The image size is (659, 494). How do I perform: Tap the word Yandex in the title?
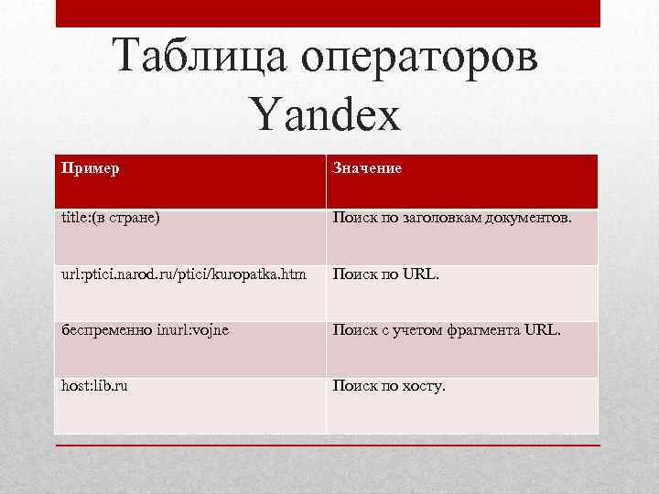pyautogui.click(x=324, y=117)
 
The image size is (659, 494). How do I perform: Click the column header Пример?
pyautogui.click(x=90, y=168)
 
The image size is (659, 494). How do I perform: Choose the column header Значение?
pyautogui.click(x=367, y=168)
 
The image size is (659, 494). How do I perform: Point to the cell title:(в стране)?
pyautogui.click(x=110, y=220)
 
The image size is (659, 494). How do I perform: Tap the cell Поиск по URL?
pyautogui.click(x=386, y=274)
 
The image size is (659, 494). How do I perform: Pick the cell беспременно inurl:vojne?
pyautogui.click(x=145, y=330)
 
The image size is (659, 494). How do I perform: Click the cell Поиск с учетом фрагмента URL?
pyautogui.click(x=447, y=330)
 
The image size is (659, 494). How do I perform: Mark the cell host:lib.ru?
pyautogui.click(x=94, y=386)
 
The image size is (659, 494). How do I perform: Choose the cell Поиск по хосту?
pyautogui.click(x=389, y=386)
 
